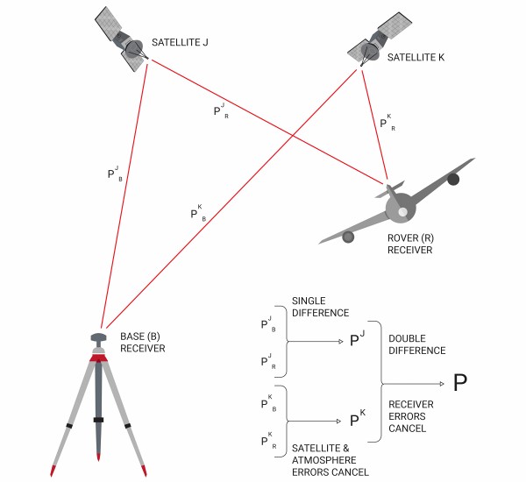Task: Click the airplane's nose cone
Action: pos(400,211)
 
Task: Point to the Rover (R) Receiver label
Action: pos(410,244)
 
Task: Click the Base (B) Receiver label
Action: pos(142,342)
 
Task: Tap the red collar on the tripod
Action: pos(98,358)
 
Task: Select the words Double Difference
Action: pos(417,344)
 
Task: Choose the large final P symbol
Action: pos(460,382)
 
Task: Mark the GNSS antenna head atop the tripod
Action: pos(98,337)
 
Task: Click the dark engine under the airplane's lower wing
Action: pos(349,236)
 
